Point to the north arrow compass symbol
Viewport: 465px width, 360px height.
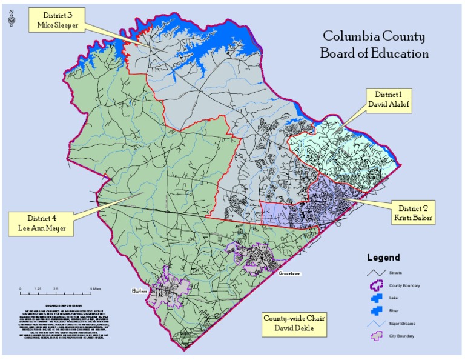click(x=12, y=20)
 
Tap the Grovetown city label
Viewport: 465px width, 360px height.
click(x=290, y=273)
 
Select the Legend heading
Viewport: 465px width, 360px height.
click(x=383, y=258)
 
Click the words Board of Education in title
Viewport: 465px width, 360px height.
click(x=374, y=54)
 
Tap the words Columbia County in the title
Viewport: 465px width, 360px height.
click(x=374, y=36)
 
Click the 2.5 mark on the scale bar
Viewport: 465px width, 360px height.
click(x=55, y=289)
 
